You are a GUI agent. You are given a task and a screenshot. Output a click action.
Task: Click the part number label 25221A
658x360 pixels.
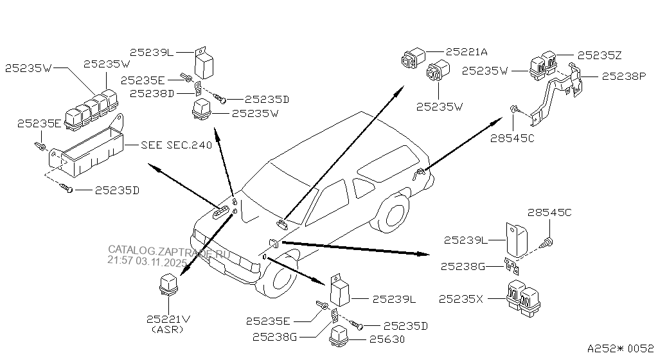click(x=466, y=51)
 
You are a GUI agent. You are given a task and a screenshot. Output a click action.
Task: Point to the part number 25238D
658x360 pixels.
click(x=151, y=93)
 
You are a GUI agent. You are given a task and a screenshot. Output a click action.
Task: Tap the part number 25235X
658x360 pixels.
click(x=462, y=299)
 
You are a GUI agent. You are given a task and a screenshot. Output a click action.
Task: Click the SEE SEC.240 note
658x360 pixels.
click(x=176, y=145)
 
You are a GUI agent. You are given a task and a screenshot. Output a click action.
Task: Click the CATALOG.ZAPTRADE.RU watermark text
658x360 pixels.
click(x=168, y=250)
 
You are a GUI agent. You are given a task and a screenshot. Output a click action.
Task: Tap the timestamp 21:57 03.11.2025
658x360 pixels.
click(x=147, y=262)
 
